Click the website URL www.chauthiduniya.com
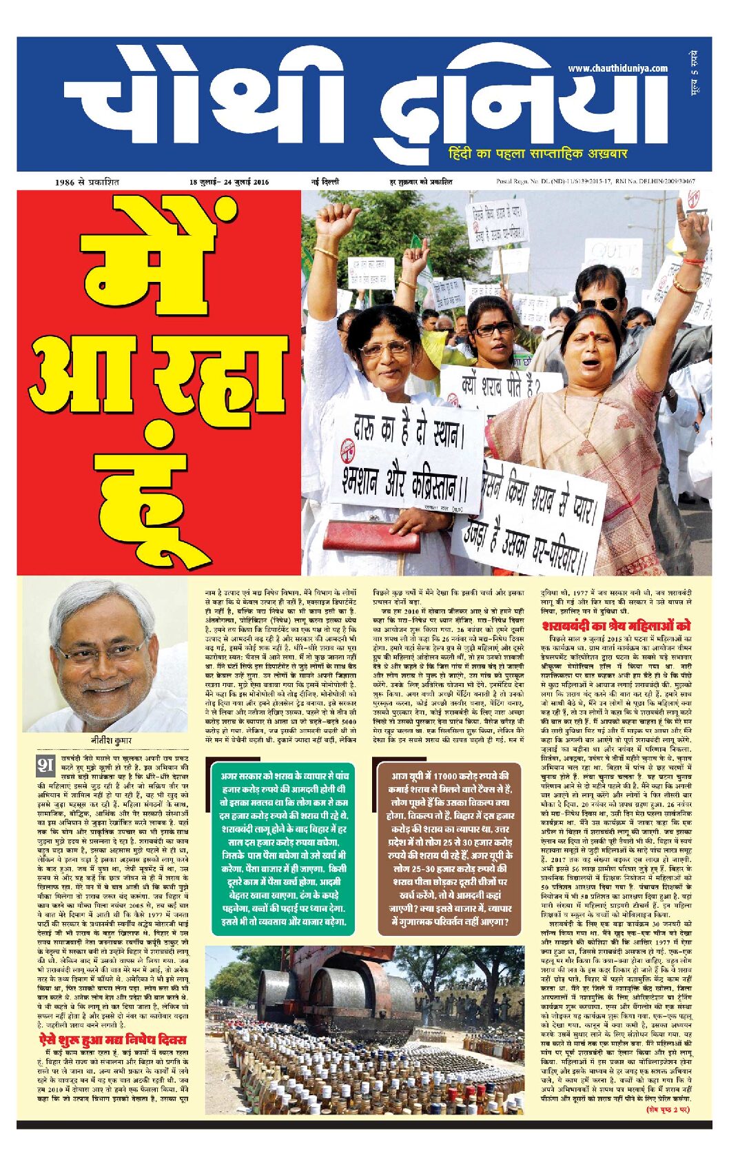pyautogui.click(x=617, y=68)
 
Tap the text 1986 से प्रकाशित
pyautogui.click(x=87, y=183)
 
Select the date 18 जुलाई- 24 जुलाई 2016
pyautogui.click(x=229, y=183)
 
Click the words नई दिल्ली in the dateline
pyautogui.click(x=325, y=183)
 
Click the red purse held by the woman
pyautogui.click(x=371, y=536)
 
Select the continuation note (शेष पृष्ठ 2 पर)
pyautogui.click(x=668, y=1110)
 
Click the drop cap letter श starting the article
pyautogui.click(x=45, y=766)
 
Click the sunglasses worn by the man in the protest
pyautogui.click(x=598, y=303)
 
